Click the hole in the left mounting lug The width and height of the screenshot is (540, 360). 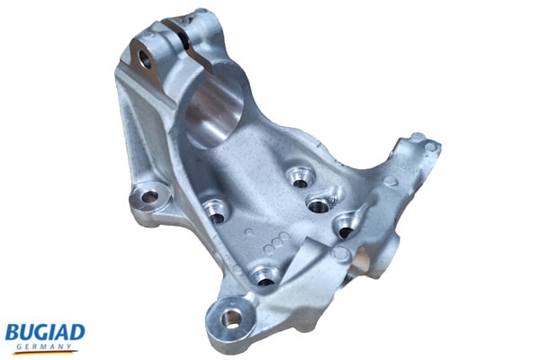click(x=148, y=195)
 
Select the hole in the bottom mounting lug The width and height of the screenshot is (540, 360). click(x=232, y=317)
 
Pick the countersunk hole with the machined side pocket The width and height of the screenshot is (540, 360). click(x=319, y=203)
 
